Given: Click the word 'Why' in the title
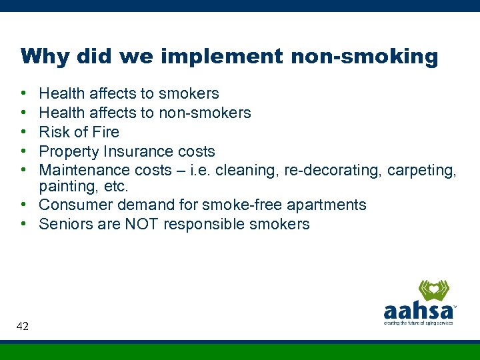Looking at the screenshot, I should (45, 56).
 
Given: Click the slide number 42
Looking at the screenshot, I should (22, 326).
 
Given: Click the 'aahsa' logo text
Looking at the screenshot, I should (419, 311).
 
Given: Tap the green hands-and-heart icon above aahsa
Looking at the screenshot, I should (433, 290).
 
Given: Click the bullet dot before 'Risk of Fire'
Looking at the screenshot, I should (23, 132).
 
